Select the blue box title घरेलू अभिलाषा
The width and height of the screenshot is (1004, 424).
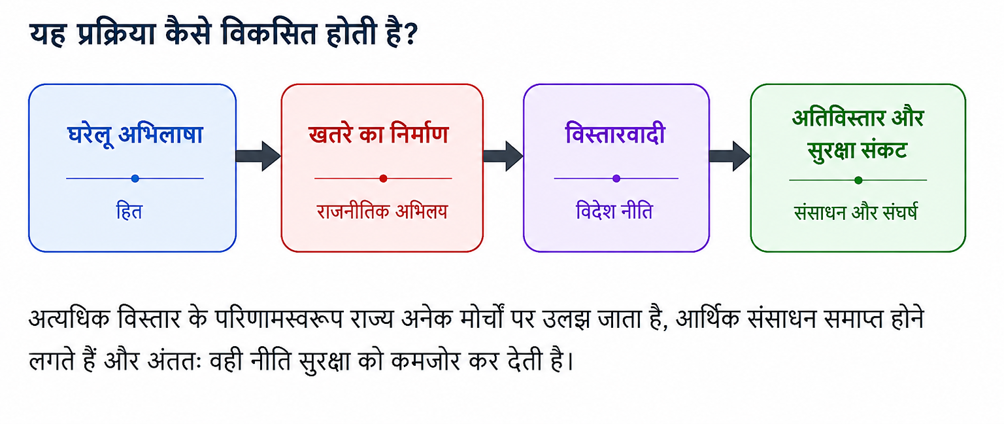[x=135, y=134]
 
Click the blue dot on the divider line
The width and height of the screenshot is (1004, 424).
[x=135, y=179]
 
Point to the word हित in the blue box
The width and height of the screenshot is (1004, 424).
[x=129, y=211]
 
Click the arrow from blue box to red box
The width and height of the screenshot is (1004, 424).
[x=258, y=156]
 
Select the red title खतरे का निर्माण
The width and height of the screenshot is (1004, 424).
[x=378, y=134]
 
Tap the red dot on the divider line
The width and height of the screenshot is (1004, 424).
[x=383, y=179]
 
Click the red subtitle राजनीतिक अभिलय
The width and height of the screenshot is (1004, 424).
[x=382, y=211]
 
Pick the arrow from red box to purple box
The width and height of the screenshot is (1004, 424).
[x=503, y=156]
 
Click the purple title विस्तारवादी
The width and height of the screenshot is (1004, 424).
[x=615, y=133]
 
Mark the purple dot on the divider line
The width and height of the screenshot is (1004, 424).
[x=616, y=179]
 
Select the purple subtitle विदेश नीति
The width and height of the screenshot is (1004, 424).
[x=614, y=211]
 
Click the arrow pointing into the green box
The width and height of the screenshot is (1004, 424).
[x=729, y=156]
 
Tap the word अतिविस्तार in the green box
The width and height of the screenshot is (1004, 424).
[x=838, y=118]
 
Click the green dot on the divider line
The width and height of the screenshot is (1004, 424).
[x=858, y=181]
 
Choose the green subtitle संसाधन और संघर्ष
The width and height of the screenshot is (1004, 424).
[x=856, y=212]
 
